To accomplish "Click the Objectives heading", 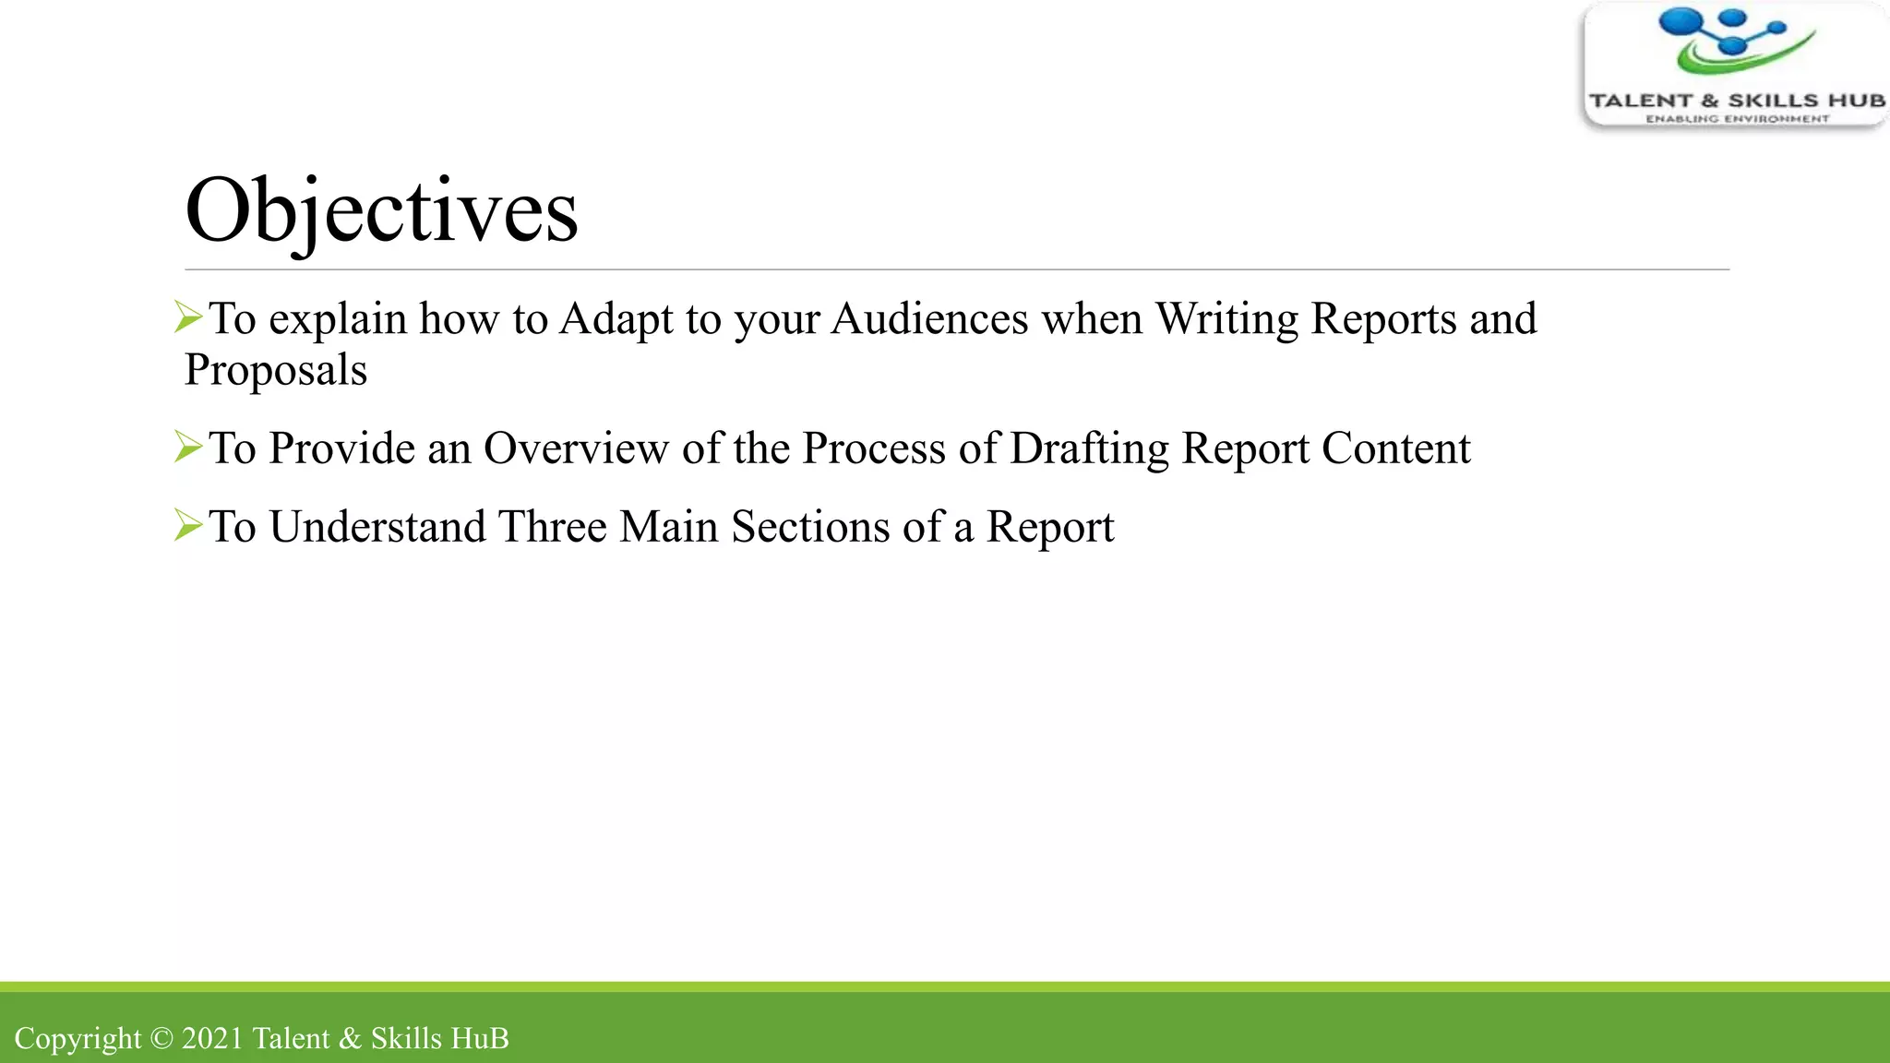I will (381, 211).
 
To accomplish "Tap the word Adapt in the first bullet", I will (616, 319).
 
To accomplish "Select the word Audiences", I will (929, 319).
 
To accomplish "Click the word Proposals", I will (275, 370).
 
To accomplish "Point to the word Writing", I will (1226, 319).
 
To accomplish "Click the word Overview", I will (576, 448).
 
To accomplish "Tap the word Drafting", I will (1089, 448).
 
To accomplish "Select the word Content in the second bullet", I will (1395, 448).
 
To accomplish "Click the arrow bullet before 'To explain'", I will (188, 318).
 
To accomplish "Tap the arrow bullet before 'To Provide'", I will (188, 448).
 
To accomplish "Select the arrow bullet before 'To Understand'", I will (188, 526).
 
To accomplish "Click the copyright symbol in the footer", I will (161, 1038).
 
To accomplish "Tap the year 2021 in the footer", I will (212, 1038).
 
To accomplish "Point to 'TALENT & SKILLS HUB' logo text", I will (1736, 101).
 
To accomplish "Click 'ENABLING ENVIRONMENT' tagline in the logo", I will (1737, 119).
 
